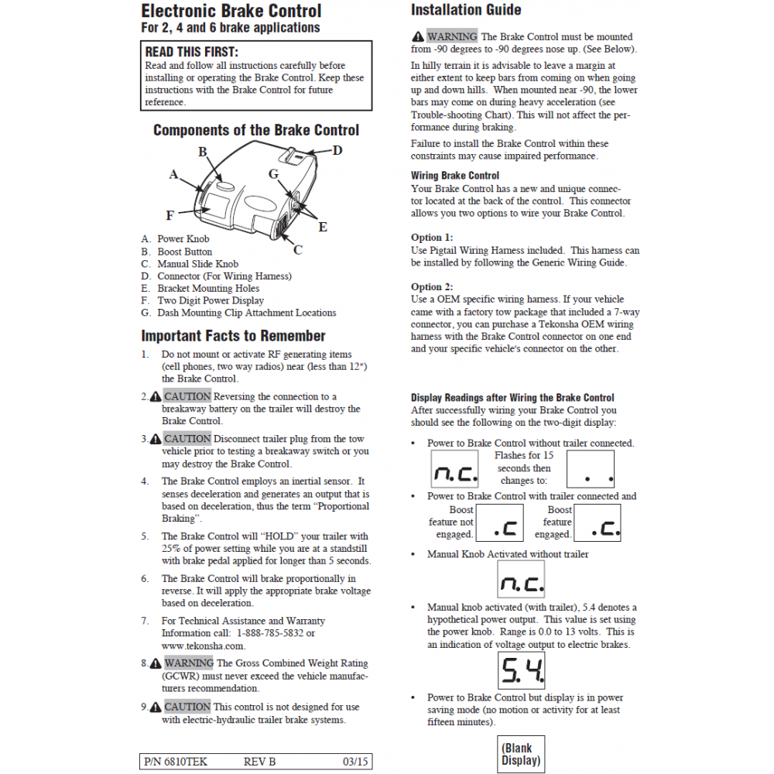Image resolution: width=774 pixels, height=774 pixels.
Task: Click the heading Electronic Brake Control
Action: click(231, 11)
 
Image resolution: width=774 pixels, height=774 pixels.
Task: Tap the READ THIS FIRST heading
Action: click(193, 52)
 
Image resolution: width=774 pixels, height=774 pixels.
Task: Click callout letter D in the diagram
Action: click(337, 150)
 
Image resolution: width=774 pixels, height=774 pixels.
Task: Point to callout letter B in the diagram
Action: click(203, 152)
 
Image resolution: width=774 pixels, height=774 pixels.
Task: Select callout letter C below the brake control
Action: click(298, 250)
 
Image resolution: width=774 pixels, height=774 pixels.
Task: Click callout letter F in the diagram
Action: click(170, 215)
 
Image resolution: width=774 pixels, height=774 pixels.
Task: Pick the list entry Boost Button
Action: click(184, 252)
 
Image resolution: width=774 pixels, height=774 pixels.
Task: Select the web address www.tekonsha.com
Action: click(204, 646)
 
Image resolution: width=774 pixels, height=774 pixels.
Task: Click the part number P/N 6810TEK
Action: click(176, 762)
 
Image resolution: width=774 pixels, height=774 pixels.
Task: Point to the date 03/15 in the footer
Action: click(355, 762)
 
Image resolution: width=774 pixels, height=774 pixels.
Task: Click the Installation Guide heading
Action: click(466, 10)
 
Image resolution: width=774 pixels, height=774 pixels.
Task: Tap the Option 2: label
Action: click(432, 286)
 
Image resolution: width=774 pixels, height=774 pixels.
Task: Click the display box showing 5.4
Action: click(521, 670)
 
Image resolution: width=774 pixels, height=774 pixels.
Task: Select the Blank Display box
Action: click(521, 754)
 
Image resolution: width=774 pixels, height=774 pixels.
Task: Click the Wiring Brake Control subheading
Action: click(455, 176)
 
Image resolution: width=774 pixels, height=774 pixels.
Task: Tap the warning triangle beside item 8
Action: click(156, 663)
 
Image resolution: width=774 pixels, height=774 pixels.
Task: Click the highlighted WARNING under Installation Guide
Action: click(452, 36)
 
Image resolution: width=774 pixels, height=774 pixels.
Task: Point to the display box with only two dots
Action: click(591, 469)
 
